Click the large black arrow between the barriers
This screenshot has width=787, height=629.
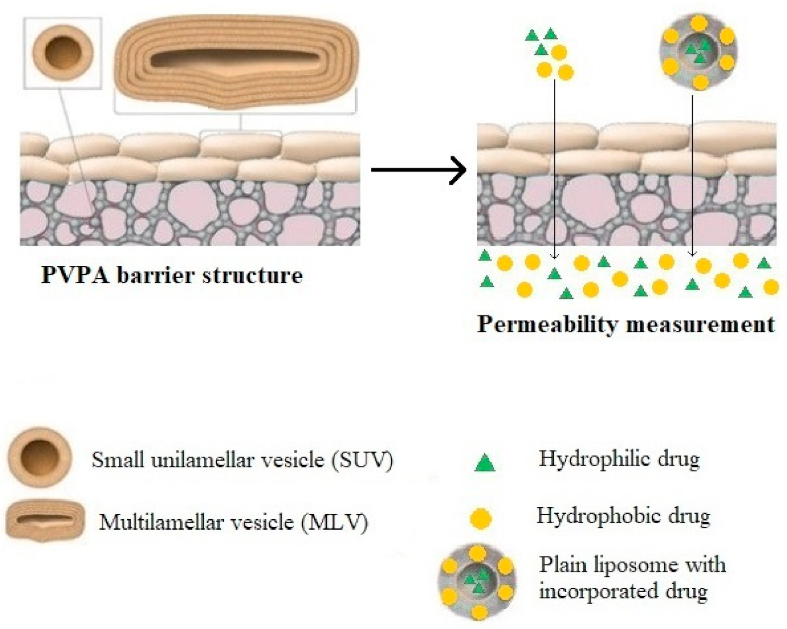(419, 170)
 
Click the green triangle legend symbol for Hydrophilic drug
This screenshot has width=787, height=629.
(485, 463)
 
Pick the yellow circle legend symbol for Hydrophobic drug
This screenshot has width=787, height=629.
(481, 519)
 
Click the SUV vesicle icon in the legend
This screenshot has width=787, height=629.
(40, 458)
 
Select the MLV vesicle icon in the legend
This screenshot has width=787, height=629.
(45, 521)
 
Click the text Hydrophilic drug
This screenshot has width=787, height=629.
(619, 458)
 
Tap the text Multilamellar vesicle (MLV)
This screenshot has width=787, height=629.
(234, 522)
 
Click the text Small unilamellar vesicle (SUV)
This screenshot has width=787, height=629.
(243, 460)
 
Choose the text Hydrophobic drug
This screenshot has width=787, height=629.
(623, 516)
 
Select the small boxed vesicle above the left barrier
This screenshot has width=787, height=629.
(63, 53)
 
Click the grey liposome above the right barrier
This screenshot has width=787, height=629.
(698, 52)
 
